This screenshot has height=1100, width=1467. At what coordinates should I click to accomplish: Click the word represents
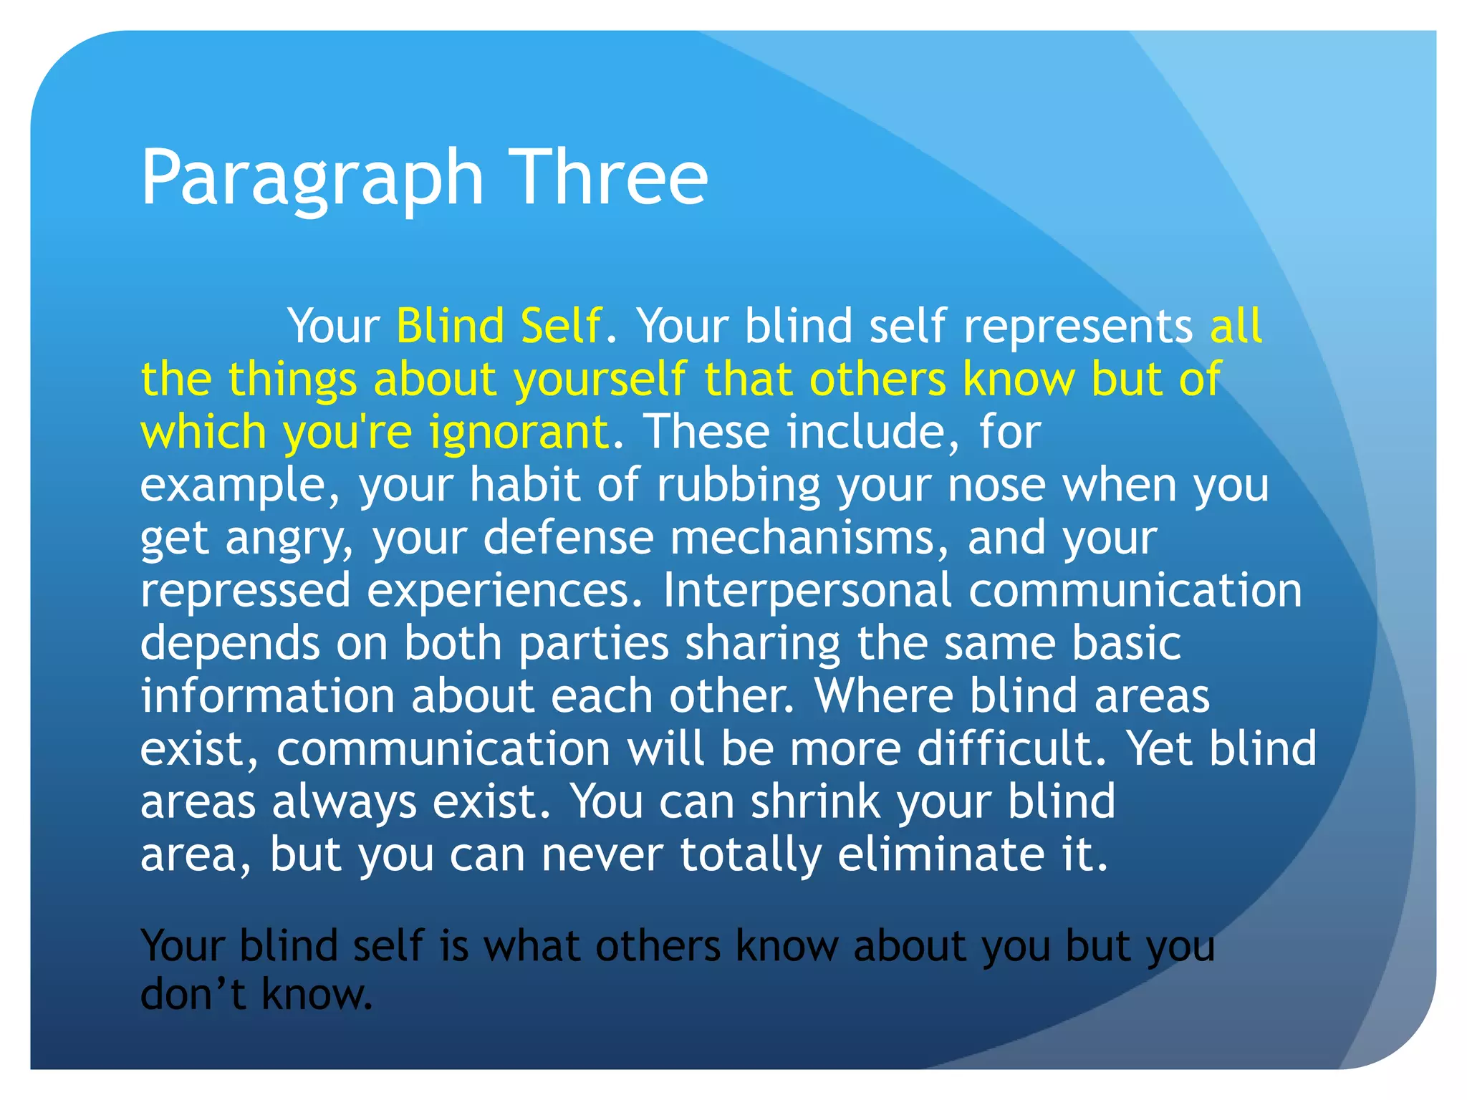[x=1077, y=326]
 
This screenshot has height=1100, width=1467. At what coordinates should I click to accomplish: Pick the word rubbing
[x=738, y=486]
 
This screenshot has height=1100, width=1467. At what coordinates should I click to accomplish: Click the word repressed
[x=245, y=591]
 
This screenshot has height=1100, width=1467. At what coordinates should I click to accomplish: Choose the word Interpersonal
[x=807, y=591]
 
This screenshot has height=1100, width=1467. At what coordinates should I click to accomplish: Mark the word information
[x=267, y=696]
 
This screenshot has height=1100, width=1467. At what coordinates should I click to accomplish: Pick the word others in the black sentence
[x=657, y=946]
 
